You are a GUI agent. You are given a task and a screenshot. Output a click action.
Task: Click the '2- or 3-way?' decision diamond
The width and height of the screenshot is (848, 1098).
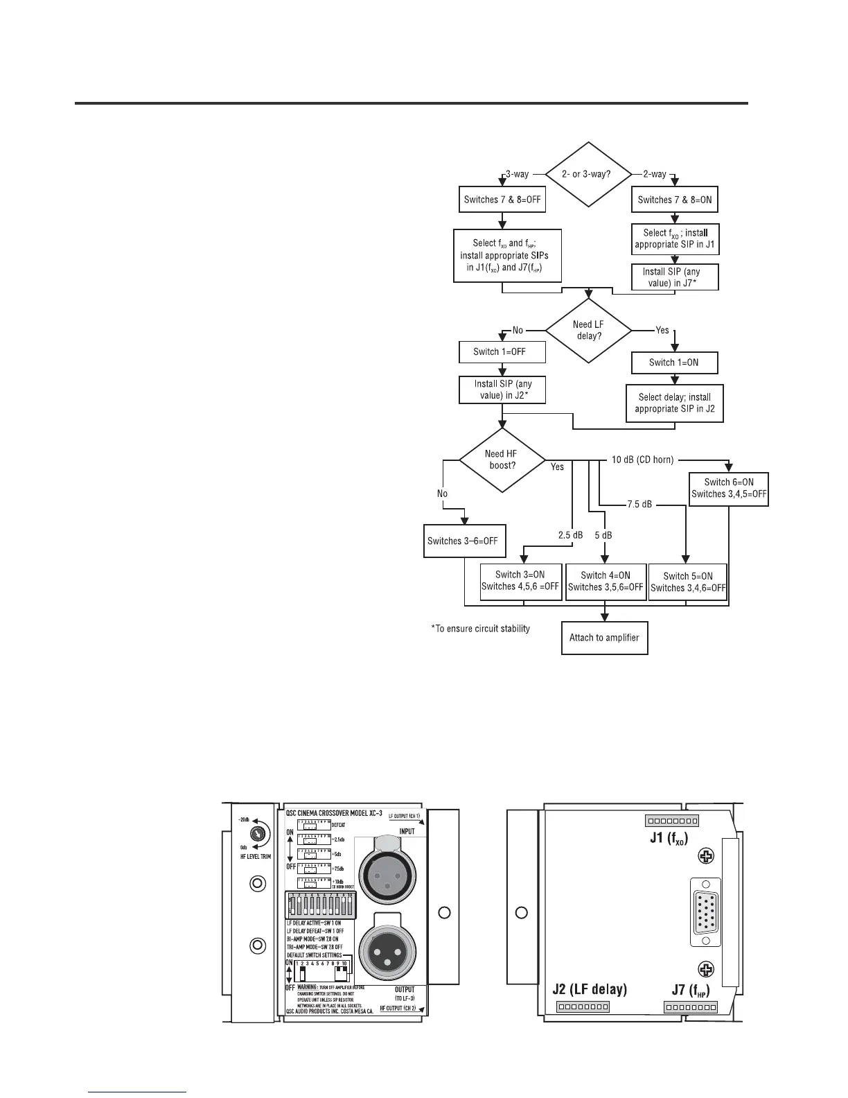(x=588, y=174)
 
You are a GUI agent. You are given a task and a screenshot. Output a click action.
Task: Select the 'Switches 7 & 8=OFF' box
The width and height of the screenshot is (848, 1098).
(x=502, y=200)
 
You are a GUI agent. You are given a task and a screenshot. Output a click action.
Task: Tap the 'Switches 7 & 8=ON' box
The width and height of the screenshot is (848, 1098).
(x=675, y=200)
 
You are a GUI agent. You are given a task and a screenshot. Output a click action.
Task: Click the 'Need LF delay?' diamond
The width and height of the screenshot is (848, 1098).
(x=588, y=330)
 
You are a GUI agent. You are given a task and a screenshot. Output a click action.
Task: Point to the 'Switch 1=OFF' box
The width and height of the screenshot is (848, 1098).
(x=502, y=351)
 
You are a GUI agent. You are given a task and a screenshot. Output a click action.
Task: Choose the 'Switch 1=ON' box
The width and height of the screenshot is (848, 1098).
(x=674, y=363)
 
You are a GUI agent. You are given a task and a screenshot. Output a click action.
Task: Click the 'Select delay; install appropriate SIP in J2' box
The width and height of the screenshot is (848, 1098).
(x=674, y=403)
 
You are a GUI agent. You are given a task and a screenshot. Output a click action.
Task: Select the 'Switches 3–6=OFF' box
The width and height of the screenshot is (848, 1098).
(x=463, y=541)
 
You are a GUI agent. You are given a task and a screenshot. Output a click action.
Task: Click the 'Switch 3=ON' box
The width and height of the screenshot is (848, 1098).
(x=521, y=581)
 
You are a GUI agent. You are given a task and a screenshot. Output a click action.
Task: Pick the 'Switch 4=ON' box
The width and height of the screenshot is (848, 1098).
(x=606, y=581)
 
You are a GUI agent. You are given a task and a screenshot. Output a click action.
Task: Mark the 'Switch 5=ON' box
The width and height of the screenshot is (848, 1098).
(x=687, y=581)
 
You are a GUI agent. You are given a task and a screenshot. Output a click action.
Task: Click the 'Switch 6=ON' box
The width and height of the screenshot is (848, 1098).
(x=729, y=488)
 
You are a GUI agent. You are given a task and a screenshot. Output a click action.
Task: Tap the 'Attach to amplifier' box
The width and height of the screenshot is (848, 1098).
(x=604, y=638)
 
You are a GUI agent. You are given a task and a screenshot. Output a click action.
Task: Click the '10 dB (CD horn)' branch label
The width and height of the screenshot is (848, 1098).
(x=643, y=459)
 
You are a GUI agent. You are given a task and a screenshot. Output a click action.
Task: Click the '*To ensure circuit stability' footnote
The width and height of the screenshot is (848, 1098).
(x=481, y=629)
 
